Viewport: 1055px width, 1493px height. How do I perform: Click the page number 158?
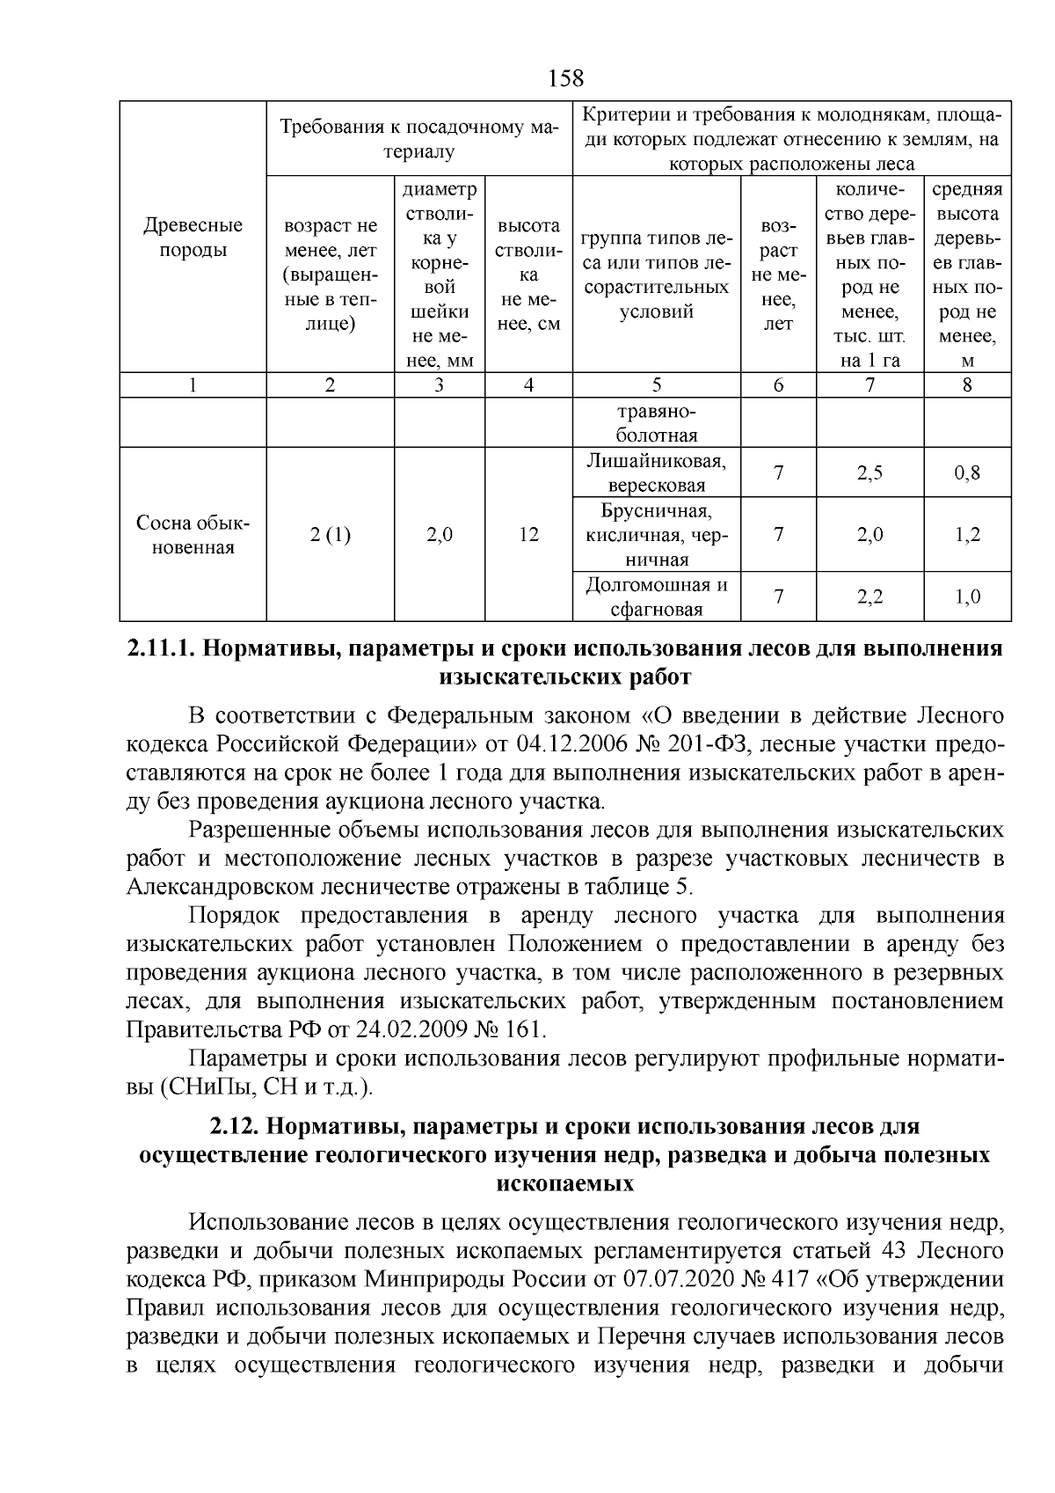pyautogui.click(x=565, y=78)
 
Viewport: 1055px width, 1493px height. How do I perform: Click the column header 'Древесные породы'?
pyautogui.click(x=192, y=238)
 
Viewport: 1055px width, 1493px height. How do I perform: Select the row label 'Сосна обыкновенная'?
pyautogui.click(x=193, y=535)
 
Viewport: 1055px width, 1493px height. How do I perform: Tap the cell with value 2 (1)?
pyautogui.click(x=330, y=535)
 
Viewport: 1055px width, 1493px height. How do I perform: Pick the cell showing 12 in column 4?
pyautogui.click(x=528, y=535)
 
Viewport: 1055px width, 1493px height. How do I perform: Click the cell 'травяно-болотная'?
pyautogui.click(x=657, y=423)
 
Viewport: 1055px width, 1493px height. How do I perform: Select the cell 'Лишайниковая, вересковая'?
pyautogui.click(x=657, y=473)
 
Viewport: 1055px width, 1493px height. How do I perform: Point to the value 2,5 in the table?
pyautogui.click(x=869, y=473)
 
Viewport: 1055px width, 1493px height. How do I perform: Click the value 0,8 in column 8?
pyautogui.click(x=967, y=473)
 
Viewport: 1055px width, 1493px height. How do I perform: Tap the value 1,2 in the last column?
pyautogui.click(x=967, y=535)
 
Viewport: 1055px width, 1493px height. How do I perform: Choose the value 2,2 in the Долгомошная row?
pyautogui.click(x=869, y=597)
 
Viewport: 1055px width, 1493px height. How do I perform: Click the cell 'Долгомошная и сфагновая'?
pyautogui.click(x=657, y=597)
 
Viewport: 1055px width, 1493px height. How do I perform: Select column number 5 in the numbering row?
pyautogui.click(x=657, y=384)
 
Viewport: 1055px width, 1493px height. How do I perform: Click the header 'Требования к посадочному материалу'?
pyautogui.click(x=418, y=139)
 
